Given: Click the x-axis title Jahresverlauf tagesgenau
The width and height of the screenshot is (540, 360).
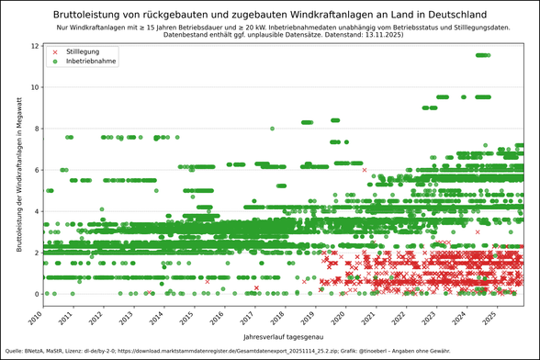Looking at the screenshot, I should tap(282, 337).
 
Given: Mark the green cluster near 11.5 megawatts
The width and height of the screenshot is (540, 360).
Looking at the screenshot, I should tap(483, 55).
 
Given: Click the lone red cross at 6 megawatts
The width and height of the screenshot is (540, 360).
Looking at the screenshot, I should tap(365, 170).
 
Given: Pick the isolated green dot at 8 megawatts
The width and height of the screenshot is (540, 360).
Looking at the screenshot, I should tap(272, 129).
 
